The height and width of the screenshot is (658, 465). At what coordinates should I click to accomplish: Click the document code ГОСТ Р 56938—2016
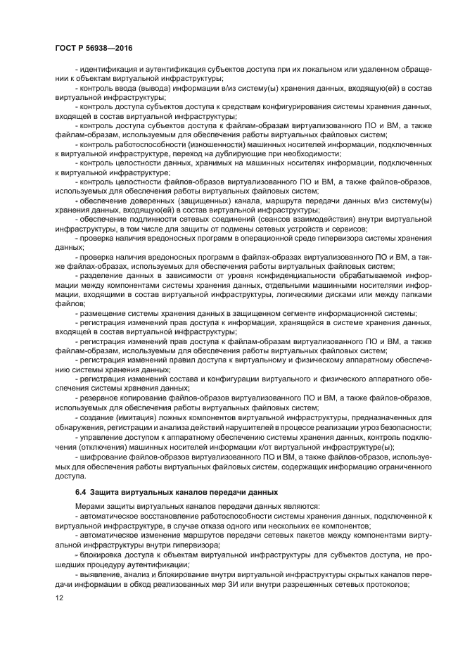click(x=93, y=47)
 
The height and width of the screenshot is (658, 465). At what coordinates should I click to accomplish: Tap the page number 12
click(x=59, y=597)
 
